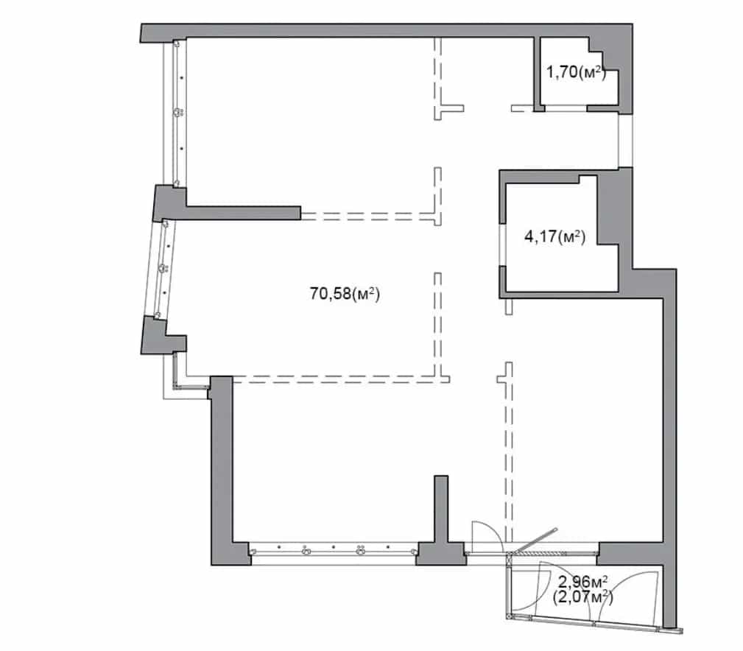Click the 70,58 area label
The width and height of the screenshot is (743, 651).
click(345, 294)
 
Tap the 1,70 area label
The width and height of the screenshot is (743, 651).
click(576, 72)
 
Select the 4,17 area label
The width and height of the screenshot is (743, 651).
click(555, 236)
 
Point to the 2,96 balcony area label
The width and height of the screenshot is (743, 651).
click(583, 580)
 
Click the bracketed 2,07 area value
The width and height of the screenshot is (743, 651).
click(582, 597)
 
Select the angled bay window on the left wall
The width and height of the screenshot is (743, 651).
click(164, 269)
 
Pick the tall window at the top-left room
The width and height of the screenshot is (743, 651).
click(177, 113)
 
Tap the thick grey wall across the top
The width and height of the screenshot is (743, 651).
click(386, 30)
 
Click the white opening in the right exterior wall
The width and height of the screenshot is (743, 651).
click(625, 141)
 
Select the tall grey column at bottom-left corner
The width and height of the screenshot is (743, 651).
click(222, 469)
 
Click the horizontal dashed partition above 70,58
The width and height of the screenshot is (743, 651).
click(367, 216)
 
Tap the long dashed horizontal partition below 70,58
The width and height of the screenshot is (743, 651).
click(341, 379)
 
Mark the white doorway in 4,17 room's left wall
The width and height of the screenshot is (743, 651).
click(502, 244)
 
